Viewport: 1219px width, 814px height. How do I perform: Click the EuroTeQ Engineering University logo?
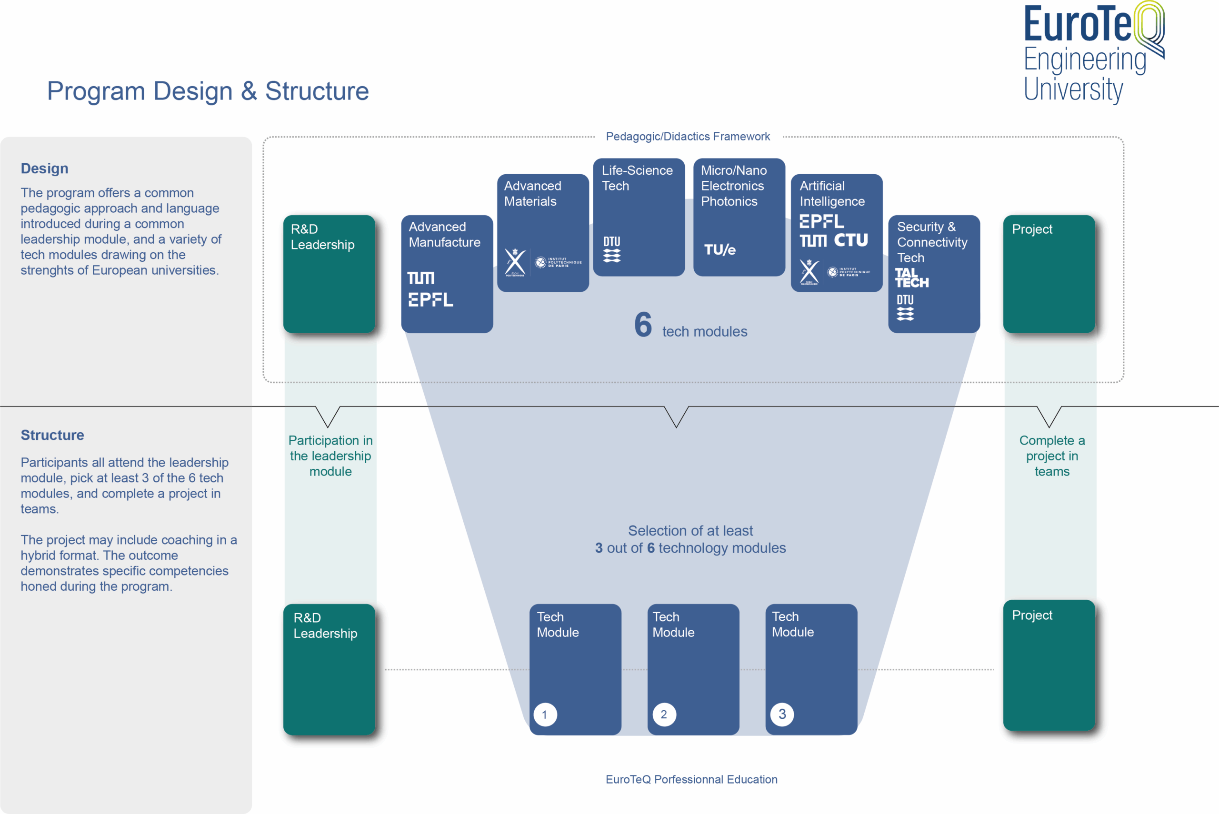point(1093,52)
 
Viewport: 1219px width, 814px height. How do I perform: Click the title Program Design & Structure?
point(208,91)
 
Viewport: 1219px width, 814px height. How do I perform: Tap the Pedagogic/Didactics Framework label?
point(688,137)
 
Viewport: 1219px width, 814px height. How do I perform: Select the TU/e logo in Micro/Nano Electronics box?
point(719,250)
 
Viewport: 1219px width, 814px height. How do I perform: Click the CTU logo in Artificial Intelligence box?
point(851,240)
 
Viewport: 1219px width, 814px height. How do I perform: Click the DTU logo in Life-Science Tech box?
point(612,249)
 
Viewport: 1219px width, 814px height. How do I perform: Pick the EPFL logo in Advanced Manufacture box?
point(430,299)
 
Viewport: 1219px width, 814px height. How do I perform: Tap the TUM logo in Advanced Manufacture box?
point(420,278)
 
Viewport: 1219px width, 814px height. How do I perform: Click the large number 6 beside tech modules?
point(643,325)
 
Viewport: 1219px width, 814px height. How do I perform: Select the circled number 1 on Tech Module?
point(545,715)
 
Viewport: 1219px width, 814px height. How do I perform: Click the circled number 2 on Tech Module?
point(664,715)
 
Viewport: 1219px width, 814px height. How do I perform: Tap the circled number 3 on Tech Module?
point(782,715)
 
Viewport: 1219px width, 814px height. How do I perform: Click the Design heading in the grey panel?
point(45,169)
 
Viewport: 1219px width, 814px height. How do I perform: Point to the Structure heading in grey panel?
point(52,435)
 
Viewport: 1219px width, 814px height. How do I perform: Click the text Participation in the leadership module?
point(330,456)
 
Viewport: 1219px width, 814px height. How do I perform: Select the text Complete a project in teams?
point(1052,456)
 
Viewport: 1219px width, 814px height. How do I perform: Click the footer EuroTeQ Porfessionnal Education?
point(691,779)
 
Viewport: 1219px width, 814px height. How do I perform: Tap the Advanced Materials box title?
point(532,194)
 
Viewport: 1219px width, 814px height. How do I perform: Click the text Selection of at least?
point(690,531)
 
